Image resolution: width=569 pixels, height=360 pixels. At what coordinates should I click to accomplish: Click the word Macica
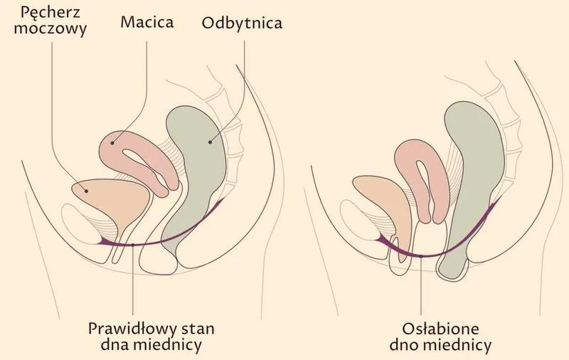147,22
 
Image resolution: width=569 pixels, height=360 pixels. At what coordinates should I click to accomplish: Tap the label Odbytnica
242,23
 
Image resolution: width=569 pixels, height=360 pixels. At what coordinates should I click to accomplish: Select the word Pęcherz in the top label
50,13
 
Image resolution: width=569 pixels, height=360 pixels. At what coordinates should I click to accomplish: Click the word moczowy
50,28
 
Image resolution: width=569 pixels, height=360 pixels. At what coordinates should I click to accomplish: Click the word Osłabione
440,329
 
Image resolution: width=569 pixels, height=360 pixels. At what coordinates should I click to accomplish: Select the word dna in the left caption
115,344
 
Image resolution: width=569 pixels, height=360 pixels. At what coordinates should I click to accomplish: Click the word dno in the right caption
404,344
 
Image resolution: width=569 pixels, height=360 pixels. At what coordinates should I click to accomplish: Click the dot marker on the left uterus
112,143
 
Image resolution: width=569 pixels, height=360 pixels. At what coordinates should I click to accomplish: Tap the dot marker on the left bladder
86,191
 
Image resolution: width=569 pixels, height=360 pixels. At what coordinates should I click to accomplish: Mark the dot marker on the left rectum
210,142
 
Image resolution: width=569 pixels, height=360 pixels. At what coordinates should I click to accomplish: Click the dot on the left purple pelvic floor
133,245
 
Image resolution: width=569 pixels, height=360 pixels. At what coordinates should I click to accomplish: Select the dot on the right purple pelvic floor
421,256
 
